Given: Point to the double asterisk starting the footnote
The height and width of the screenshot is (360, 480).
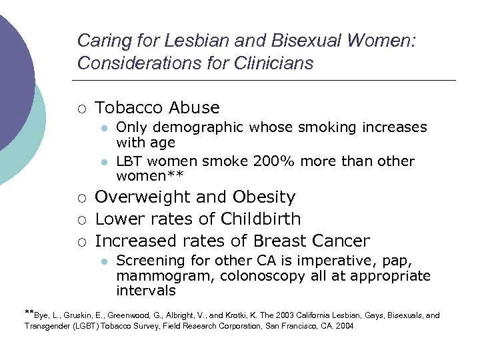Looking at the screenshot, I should coord(29,312).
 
